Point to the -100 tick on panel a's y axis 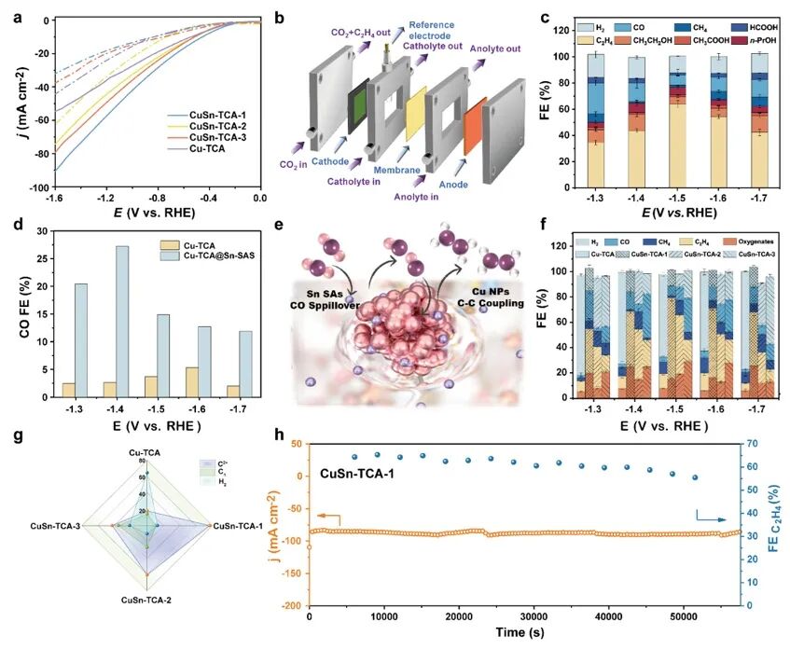pyautogui.click(x=37, y=188)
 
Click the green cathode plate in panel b pyautogui.click(x=356, y=107)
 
